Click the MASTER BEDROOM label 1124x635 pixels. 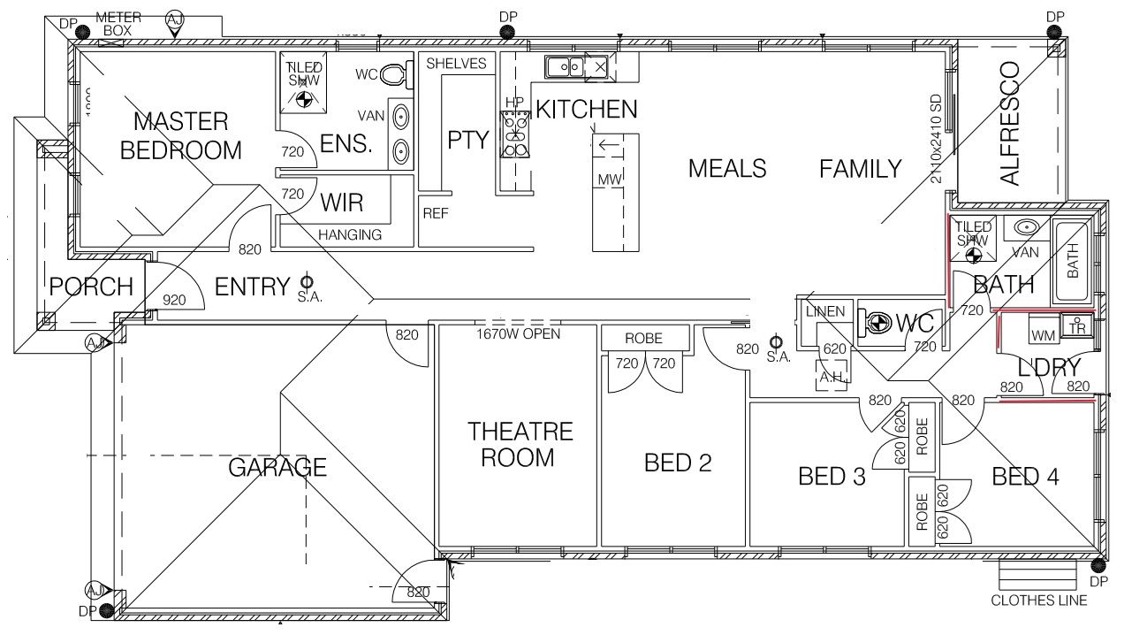click(180, 135)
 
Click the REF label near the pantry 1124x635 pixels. click(436, 213)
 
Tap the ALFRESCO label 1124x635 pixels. click(1009, 123)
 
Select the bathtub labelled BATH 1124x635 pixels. click(1072, 262)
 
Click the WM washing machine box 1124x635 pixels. click(1044, 336)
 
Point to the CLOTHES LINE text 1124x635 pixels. click(1038, 601)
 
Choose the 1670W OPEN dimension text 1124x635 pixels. click(518, 334)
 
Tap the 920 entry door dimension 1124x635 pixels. click(174, 301)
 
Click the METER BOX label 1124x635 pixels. click(112, 24)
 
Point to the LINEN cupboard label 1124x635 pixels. click(824, 311)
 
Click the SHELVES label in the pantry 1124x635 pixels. click(456, 64)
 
